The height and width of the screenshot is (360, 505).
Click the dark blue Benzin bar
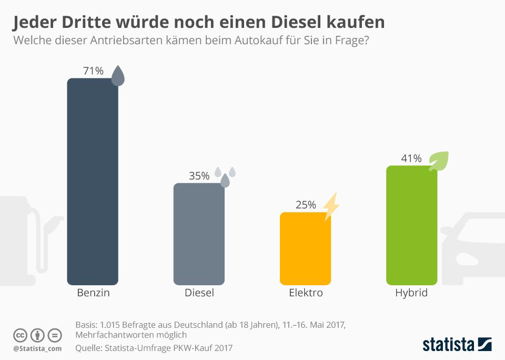click(x=93, y=182)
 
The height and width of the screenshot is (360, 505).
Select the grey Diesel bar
click(x=199, y=234)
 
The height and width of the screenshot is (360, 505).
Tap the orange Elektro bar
click(x=305, y=248)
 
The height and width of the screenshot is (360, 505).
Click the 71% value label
click(x=93, y=71)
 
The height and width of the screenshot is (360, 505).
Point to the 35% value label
click(x=199, y=176)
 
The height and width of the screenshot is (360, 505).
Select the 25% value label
click(x=306, y=205)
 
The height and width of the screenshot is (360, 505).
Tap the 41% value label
click(x=411, y=158)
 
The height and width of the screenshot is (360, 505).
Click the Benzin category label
click(x=93, y=293)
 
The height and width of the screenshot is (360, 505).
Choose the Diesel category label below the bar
click(x=199, y=293)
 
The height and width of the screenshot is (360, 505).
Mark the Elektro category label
click(x=306, y=293)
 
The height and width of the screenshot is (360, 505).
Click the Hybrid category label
click(x=411, y=293)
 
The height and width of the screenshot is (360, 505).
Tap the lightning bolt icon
click(x=331, y=206)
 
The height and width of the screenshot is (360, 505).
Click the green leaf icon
click(x=438, y=161)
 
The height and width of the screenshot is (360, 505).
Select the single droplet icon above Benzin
click(x=118, y=75)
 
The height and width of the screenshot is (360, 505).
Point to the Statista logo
click(x=457, y=345)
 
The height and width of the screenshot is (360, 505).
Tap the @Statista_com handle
click(x=37, y=348)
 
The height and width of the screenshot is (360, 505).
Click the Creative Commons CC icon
click(x=20, y=335)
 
